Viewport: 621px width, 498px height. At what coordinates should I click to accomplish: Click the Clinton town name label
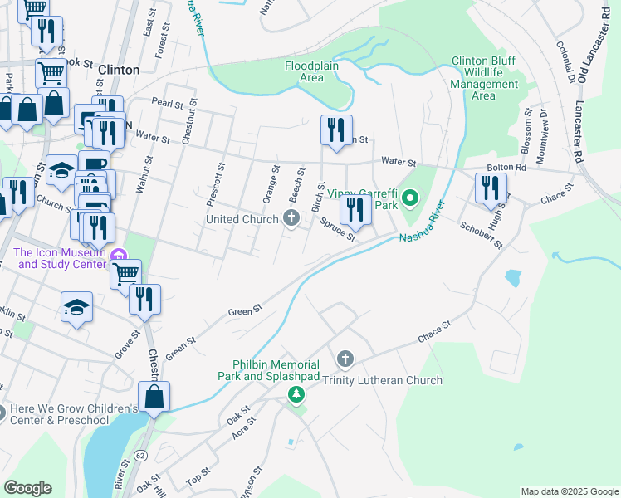pyautogui.click(x=119, y=70)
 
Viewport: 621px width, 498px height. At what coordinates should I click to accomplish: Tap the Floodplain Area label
pyautogui.click(x=315, y=71)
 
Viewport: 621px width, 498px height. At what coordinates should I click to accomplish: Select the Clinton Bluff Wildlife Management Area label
pyautogui.click(x=484, y=78)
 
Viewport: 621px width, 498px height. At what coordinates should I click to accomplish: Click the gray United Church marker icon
pyautogui.click(x=291, y=218)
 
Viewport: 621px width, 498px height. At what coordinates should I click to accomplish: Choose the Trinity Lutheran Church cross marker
pyautogui.click(x=345, y=359)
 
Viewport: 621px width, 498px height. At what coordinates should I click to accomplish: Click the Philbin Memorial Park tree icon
pyautogui.click(x=296, y=394)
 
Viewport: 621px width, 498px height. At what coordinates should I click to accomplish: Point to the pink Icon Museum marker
pyautogui.click(x=120, y=258)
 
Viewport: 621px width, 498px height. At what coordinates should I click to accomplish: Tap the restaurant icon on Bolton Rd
pyautogui.click(x=491, y=188)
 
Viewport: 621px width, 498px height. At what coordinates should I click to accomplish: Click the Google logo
pyautogui.click(x=27, y=488)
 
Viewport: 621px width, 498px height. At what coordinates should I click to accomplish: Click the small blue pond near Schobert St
pyautogui.click(x=511, y=277)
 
